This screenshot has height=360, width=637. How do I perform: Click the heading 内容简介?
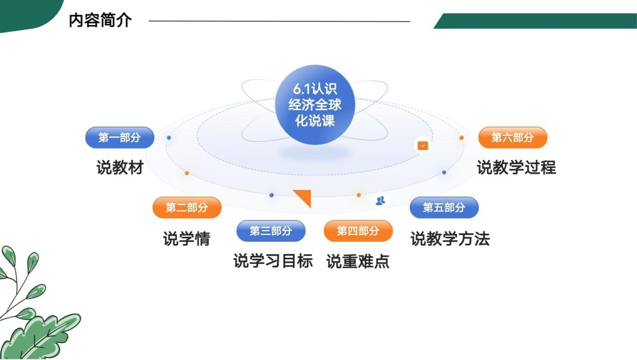tap(101, 20)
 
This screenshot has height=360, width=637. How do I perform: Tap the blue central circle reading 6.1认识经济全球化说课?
tap(315, 105)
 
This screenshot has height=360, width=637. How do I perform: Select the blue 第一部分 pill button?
tap(120, 137)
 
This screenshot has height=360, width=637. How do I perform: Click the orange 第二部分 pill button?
tap(187, 207)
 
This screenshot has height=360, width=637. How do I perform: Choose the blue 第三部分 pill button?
tap(271, 231)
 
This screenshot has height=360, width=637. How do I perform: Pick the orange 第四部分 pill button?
tap(358, 231)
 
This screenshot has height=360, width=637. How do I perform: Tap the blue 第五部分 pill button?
tap(444, 207)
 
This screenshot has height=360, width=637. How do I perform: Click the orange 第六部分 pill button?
tap(513, 137)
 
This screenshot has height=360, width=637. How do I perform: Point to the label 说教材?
tap(120, 167)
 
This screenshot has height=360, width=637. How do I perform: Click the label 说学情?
tap(187, 239)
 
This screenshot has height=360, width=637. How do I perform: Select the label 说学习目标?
tap(273, 261)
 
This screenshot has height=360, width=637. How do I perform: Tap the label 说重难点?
tap(358, 261)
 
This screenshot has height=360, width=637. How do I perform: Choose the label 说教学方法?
tap(450, 239)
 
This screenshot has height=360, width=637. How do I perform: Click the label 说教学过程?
tap(516, 167)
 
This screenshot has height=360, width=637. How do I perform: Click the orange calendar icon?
tap(423, 146)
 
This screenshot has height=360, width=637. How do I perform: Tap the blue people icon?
tap(380, 200)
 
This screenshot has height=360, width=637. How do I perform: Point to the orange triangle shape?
tap(304, 197)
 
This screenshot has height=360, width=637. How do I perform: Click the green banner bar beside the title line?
tap(535, 21)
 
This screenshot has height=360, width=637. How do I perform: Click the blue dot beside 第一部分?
tap(169, 138)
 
